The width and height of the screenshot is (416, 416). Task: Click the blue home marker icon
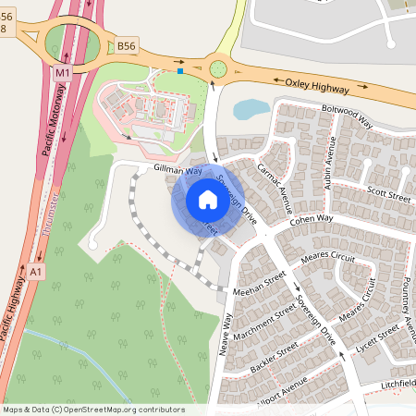tap(207, 199)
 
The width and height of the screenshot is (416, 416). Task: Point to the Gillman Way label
tap(177, 171)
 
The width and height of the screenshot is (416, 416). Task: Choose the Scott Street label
tap(388, 195)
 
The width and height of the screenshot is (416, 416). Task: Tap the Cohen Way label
tap(310, 219)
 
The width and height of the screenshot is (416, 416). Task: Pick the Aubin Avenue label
tap(328, 164)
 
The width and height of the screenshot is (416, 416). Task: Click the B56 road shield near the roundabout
tap(126, 44)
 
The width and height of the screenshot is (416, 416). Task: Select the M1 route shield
tap(63, 71)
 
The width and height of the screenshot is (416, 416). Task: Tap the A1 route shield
tap(35, 273)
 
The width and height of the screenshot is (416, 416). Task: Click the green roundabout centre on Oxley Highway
tap(218, 67)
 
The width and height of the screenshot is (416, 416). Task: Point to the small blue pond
tap(251, 109)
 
